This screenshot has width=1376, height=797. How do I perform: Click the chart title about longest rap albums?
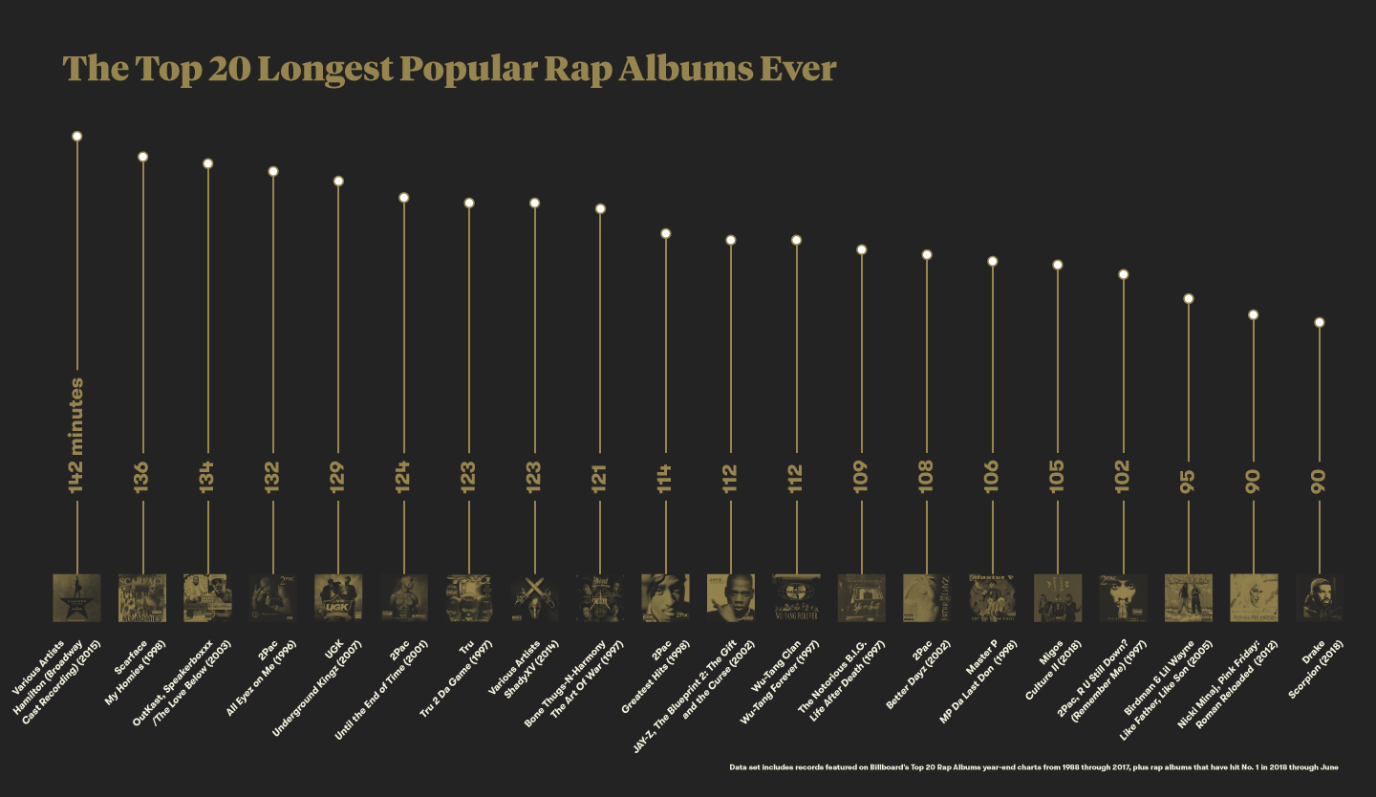449,69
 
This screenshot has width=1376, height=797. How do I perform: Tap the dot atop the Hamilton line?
76,136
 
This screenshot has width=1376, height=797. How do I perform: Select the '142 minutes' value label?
76,436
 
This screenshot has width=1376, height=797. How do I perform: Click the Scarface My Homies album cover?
142,597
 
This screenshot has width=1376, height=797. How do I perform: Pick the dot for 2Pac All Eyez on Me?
273,171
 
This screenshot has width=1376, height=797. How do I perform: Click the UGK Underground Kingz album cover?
338,597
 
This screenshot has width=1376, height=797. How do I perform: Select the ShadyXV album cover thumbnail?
534,597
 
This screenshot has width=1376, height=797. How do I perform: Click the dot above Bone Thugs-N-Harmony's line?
600,208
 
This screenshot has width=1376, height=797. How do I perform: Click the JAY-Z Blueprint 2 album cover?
731,597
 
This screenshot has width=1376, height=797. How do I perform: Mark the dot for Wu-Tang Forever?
796,240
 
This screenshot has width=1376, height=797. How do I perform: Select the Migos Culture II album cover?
1058,597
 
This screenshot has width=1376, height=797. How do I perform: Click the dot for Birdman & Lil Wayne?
1189,299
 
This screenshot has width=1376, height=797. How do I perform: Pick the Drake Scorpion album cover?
1320,597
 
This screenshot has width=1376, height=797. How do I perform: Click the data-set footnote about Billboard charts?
1033,767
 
